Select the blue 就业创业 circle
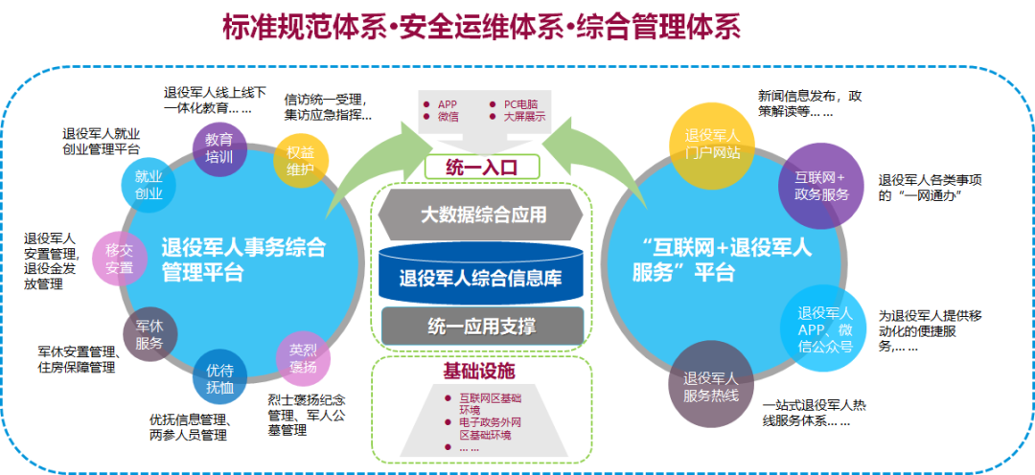point(149,186)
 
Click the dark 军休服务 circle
point(149,335)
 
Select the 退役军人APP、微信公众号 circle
point(825,329)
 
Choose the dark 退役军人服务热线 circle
point(711,387)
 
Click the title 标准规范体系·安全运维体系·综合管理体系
point(481,27)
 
